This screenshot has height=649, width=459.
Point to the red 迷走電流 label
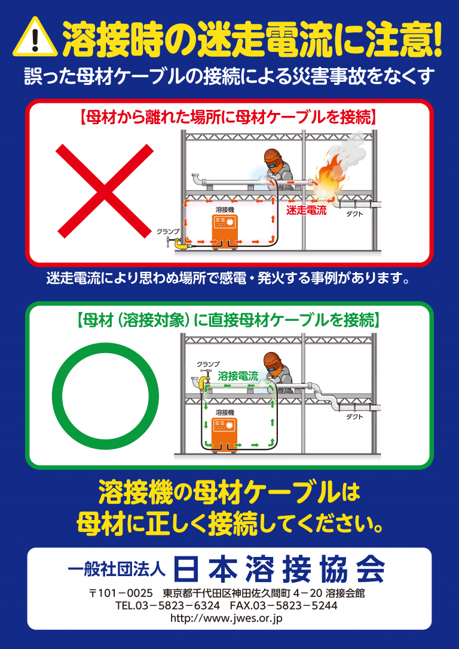tap(306, 210)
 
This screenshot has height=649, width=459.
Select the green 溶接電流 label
tap(238, 376)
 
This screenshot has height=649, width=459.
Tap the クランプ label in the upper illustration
tap(168, 231)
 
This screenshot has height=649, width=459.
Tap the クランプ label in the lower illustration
tap(208, 364)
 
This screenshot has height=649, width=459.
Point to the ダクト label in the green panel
tap(354, 417)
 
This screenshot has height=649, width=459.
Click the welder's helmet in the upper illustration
tap(273, 158)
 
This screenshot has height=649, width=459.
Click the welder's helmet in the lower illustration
tap(273, 361)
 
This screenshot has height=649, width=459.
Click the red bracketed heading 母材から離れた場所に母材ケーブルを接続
tap(228, 117)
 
